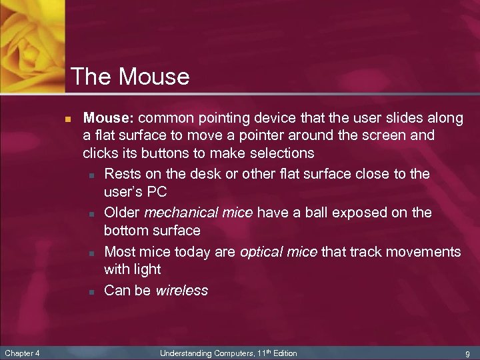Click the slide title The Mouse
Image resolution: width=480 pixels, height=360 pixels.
(129, 77)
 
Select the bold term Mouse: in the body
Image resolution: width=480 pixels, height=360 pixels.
(109, 119)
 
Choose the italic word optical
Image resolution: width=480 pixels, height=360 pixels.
(263, 252)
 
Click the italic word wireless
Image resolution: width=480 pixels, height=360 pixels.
(181, 291)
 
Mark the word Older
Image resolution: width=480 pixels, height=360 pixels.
(122, 213)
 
